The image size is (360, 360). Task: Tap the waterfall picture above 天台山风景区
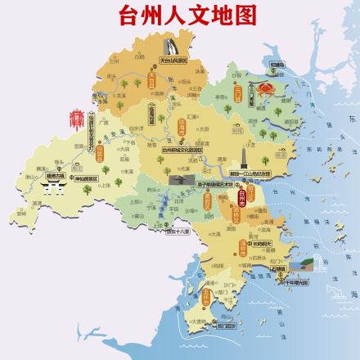[x=171, y=46]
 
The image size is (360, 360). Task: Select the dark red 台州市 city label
[x=242, y=196]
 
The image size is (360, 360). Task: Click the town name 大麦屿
[x=197, y=322]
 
